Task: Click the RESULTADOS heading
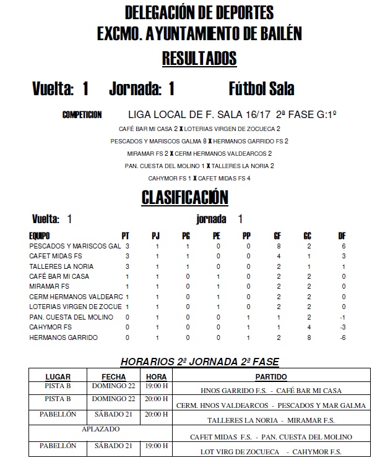tap(199, 59)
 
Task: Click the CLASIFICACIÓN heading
tap(185, 197)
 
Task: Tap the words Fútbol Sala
tap(261, 90)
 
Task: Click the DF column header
tap(342, 235)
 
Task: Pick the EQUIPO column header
tap(40, 235)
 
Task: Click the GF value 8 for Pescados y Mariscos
tap(279, 245)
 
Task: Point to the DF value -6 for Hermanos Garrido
tap(342, 337)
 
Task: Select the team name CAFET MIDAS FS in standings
tap(56, 256)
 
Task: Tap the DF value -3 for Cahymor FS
tap(342, 327)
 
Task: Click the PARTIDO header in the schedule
tap(271, 376)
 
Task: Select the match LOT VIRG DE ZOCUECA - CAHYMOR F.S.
tap(271, 451)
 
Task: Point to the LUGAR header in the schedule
tap(58, 376)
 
